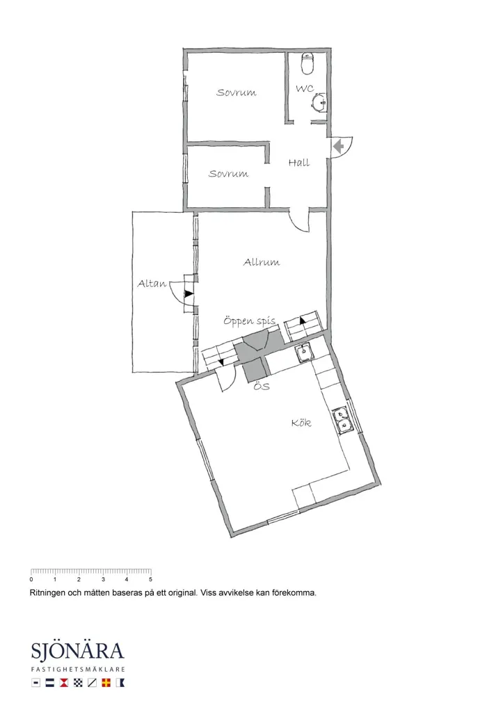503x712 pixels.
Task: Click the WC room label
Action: click(305, 88)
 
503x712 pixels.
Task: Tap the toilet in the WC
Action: click(308, 63)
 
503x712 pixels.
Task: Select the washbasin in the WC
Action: click(319, 102)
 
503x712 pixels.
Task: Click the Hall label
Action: click(299, 163)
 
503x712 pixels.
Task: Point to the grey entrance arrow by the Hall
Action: click(338, 147)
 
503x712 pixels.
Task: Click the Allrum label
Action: click(262, 262)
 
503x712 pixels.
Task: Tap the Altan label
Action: click(152, 284)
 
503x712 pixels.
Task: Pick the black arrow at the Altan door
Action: click(189, 294)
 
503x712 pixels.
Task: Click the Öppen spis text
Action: click(250, 321)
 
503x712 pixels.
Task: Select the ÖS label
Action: click(262, 387)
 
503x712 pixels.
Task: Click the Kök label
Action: click(301, 423)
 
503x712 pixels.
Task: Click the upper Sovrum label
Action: click(237, 92)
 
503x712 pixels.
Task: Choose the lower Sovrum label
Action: click(229, 173)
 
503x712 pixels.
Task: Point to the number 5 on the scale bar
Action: click(150, 579)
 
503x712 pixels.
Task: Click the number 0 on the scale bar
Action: click(31, 579)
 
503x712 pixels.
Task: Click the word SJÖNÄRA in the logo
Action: click(78, 651)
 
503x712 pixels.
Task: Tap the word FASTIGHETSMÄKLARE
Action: click(78, 670)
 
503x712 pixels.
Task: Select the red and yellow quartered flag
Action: click(106, 683)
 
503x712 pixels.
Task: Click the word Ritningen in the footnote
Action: click(47, 592)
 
